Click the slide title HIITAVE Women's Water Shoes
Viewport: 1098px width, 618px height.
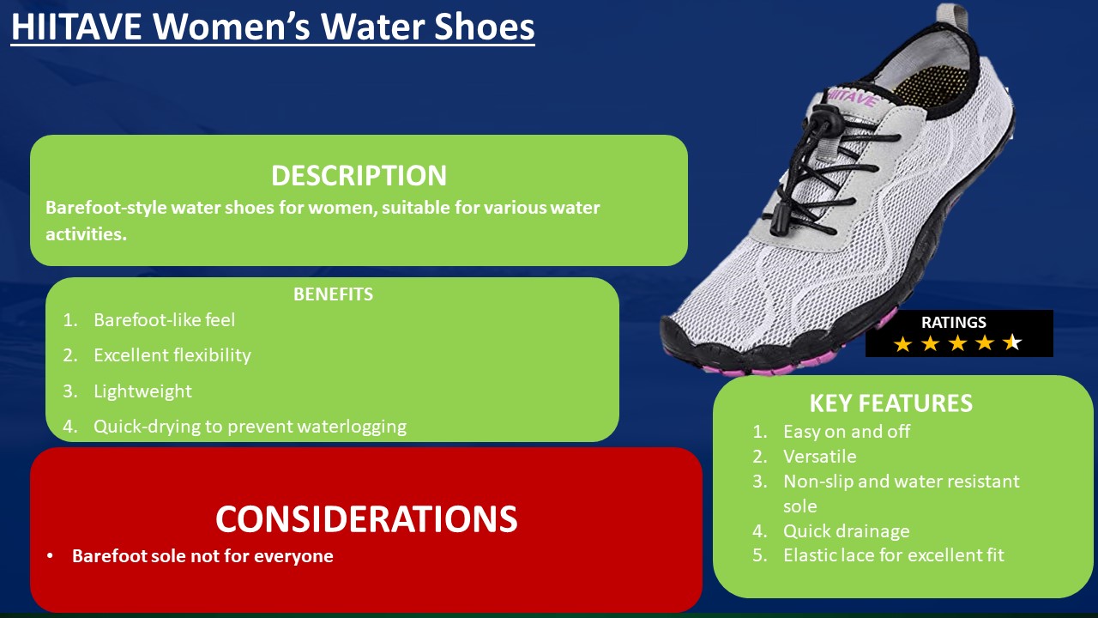273,27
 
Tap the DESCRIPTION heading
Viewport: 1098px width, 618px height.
359,175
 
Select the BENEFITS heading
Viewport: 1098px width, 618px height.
333,294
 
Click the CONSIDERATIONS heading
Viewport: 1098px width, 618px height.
366,519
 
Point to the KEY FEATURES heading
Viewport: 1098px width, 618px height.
890,403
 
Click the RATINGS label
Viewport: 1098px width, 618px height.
953,323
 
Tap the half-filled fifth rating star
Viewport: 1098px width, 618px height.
1012,344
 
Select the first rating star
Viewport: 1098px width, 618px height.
902,344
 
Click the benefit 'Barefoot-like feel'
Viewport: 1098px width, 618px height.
164,320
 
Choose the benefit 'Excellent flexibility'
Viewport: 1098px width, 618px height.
172,355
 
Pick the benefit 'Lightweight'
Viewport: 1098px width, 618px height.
142,391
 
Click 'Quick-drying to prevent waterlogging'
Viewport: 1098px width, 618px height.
250,427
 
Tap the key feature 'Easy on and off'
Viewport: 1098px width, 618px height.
846,432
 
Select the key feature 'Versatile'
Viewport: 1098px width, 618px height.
819,457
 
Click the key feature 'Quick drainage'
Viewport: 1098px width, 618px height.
846,531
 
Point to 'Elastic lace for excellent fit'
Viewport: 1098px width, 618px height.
893,555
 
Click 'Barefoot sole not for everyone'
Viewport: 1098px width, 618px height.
202,556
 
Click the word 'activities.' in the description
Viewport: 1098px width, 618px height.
86,234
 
